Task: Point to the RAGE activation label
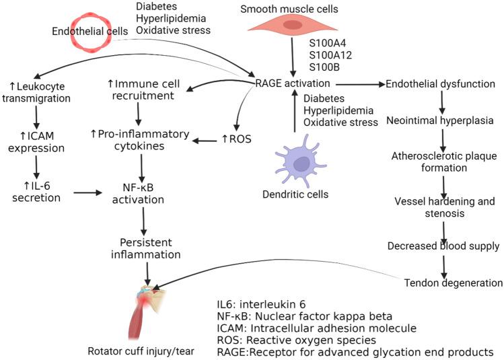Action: [293, 83]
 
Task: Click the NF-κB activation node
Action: [143, 193]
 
